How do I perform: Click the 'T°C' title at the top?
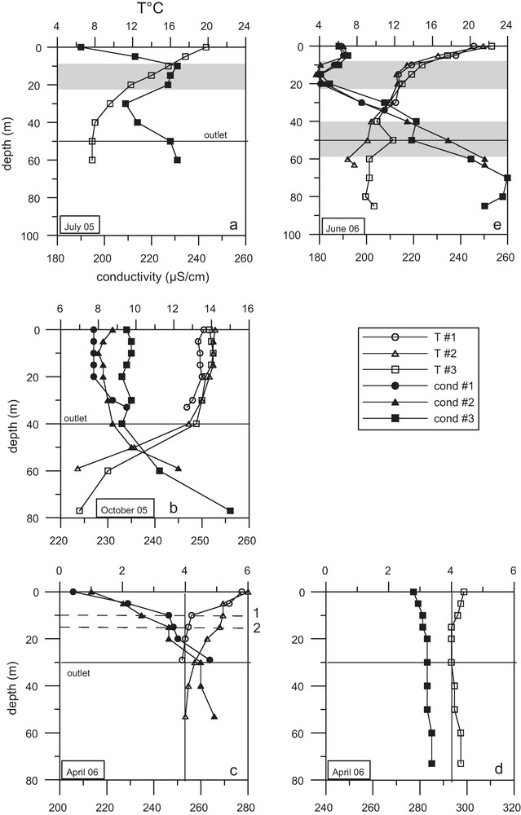pyautogui.click(x=148, y=7)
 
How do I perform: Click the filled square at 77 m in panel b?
pyautogui.click(x=230, y=511)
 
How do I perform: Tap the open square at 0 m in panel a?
pyautogui.click(x=205, y=47)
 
